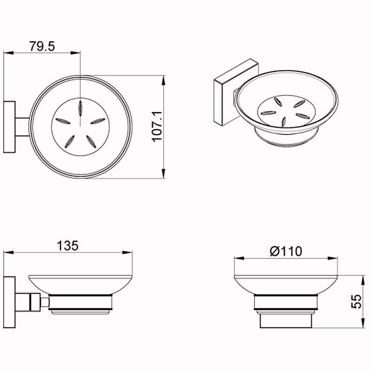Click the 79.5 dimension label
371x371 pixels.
click(x=42, y=46)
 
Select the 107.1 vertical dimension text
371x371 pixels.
click(x=157, y=127)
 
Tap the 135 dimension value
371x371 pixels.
click(x=67, y=246)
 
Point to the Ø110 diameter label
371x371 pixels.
click(x=286, y=251)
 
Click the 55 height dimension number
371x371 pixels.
click(x=357, y=301)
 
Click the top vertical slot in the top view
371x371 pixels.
click(x=80, y=109)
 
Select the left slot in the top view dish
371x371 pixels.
click(x=63, y=121)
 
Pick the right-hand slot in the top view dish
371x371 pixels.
click(x=98, y=121)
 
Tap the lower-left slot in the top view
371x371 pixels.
click(x=70, y=142)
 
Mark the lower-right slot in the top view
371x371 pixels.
click(x=91, y=142)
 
